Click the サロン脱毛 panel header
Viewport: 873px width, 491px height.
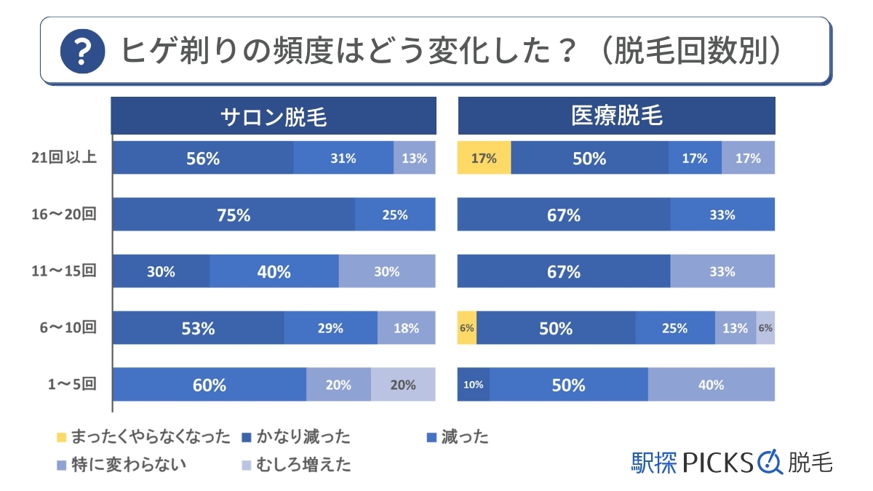coord(274,116)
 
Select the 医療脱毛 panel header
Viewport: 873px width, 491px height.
coord(616,116)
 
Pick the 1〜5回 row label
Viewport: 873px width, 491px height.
coord(69,385)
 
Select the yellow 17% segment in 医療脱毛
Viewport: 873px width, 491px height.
coord(484,158)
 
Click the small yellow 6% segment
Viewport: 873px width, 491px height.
coord(466,328)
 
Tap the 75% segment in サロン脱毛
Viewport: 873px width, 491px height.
coord(234,215)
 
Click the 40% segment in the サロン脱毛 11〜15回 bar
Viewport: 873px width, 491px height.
coord(274,271)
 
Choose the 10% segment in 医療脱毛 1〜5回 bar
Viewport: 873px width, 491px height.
coord(473,385)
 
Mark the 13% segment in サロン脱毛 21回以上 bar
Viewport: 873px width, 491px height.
coord(414,158)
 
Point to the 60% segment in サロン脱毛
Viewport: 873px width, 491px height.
coord(210,385)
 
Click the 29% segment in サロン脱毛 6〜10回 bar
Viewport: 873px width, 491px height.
coord(330,328)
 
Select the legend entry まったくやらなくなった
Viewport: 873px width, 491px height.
coord(143,437)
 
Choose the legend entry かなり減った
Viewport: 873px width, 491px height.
coord(296,437)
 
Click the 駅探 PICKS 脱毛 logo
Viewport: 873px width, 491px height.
coord(731,461)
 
